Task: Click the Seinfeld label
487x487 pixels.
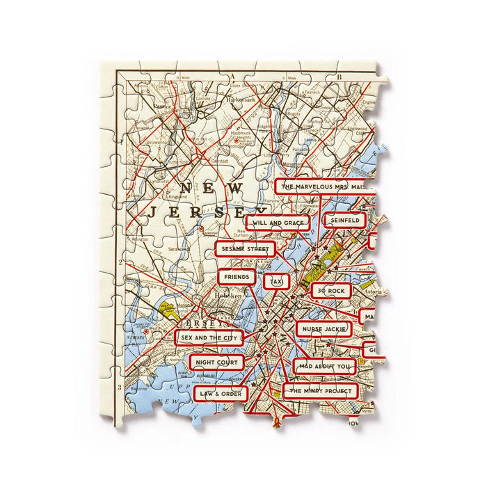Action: (344, 220)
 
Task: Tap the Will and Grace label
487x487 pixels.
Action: (279, 223)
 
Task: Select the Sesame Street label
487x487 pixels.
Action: (244, 248)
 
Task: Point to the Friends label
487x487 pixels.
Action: (237, 276)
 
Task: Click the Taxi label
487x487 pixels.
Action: (277, 281)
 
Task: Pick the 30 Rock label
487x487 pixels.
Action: (330, 290)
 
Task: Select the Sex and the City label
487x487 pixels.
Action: (210, 338)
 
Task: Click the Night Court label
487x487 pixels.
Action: (216, 362)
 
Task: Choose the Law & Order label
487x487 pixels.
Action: (221, 393)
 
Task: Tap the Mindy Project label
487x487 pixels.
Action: (321, 390)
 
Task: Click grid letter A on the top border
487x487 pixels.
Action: (234, 77)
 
